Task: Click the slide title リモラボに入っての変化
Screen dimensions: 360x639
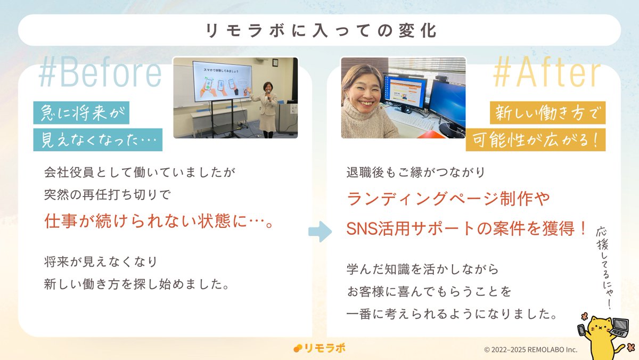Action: point(319,30)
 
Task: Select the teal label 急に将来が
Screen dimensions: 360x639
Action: point(81,113)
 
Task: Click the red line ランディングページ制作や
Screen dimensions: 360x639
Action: point(448,200)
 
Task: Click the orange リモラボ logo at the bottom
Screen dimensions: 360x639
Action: point(319,348)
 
